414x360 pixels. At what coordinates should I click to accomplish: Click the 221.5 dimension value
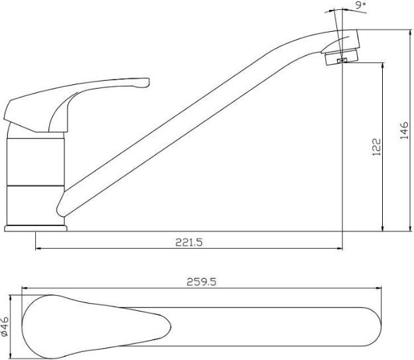point(189,242)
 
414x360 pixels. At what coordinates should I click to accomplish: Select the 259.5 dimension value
point(202,282)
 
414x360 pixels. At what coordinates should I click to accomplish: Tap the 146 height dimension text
point(404,131)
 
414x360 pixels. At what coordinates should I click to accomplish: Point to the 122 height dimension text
point(377,147)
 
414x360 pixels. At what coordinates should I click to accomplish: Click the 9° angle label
point(360,5)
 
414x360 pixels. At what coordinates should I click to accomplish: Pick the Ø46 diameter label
point(5,326)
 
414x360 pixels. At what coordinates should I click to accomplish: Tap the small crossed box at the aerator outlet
point(342,61)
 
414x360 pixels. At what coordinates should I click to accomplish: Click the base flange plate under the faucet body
point(36,228)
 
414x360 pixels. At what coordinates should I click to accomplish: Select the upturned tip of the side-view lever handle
point(147,82)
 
